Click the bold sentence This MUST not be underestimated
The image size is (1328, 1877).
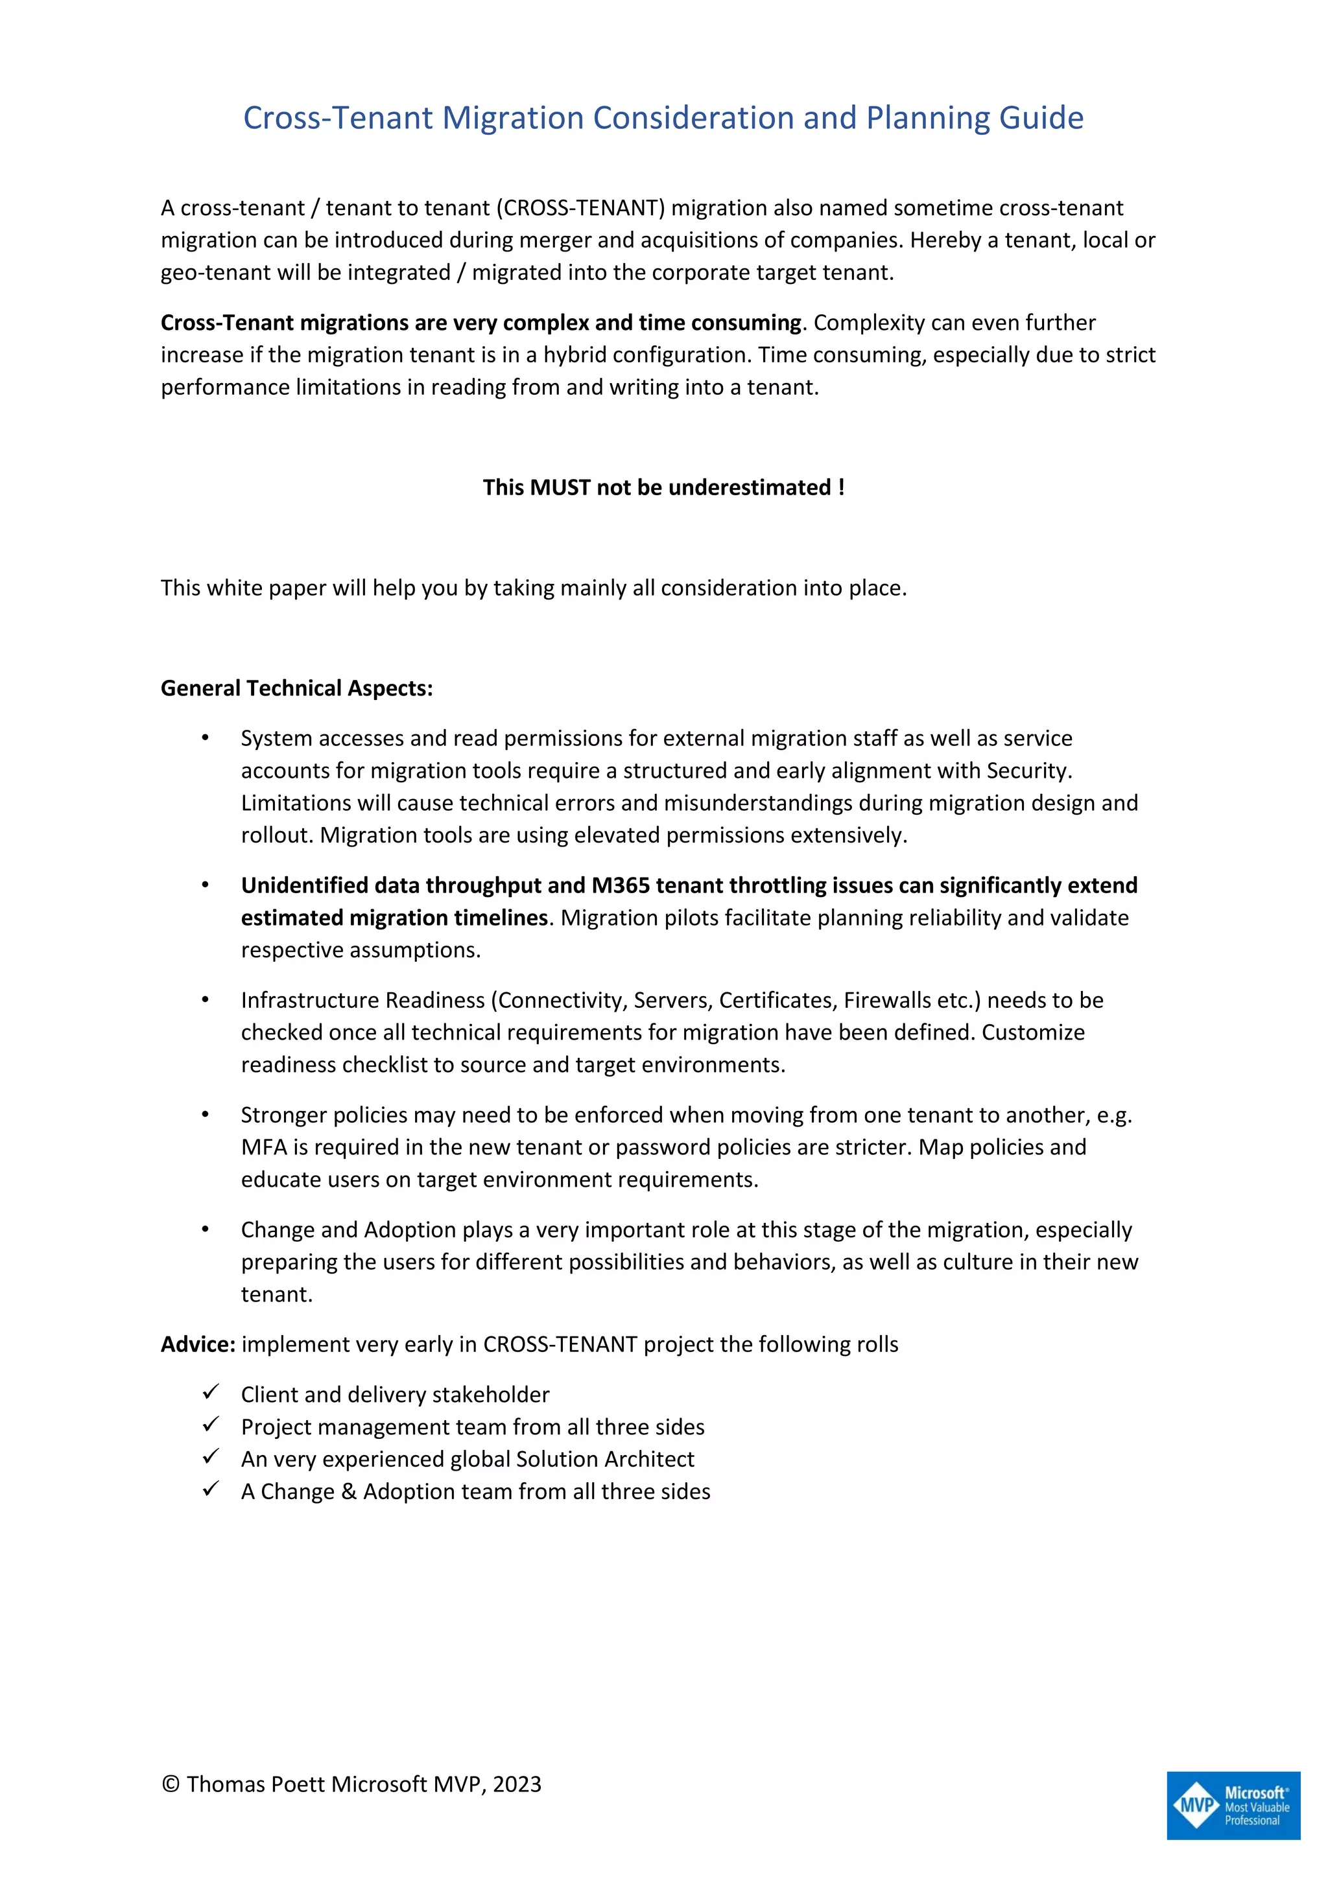663,487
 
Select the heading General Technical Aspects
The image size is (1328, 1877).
296,688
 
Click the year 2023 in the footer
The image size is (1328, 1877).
517,1784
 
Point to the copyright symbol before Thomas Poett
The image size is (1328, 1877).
170,1784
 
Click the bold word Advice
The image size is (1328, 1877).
198,1344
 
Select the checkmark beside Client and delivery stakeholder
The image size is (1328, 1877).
211,1392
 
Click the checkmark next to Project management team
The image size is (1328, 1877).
211,1425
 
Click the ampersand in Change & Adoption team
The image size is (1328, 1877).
348,1492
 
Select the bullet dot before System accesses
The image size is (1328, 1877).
206,738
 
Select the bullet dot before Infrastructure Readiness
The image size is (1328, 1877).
206,1000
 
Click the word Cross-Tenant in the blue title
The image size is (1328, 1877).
338,119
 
